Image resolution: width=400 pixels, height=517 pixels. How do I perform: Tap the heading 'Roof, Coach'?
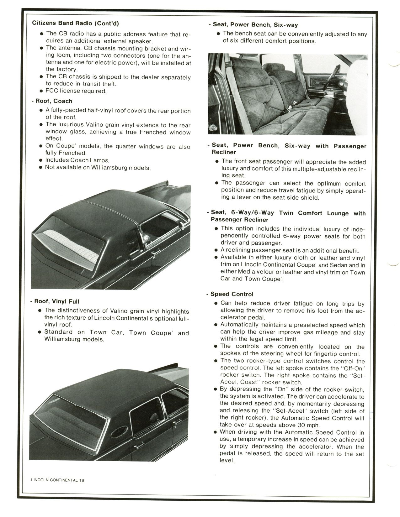pyautogui.click(x=54, y=101)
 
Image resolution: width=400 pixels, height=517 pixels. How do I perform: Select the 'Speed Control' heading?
pyautogui.click(x=232, y=294)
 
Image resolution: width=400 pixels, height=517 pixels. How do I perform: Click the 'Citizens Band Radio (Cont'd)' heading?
pyautogui.click(x=75, y=23)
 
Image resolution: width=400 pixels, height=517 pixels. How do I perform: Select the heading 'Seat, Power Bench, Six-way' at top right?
pyautogui.click(x=255, y=25)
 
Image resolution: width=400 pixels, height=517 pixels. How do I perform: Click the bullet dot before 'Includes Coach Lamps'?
pyautogui.click(x=40, y=160)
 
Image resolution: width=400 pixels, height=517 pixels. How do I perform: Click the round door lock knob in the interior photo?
pyautogui.click(x=213, y=128)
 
